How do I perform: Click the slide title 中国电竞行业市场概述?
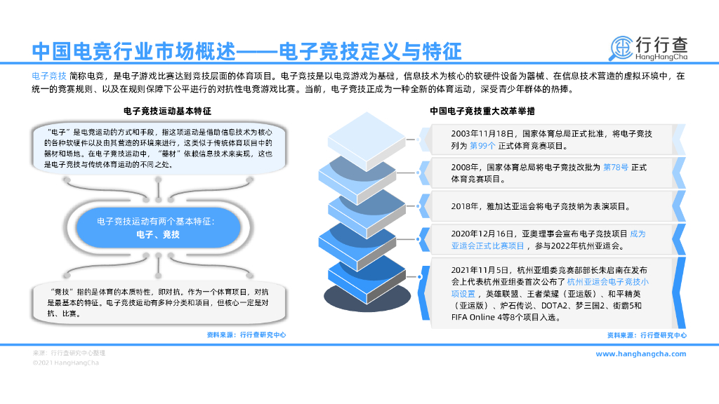(x=133, y=51)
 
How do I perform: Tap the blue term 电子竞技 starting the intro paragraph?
(x=49, y=76)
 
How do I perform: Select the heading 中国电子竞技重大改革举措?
(x=484, y=111)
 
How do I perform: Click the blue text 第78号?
(x=617, y=168)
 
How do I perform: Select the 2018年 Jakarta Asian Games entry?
(x=541, y=207)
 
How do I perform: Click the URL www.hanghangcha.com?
(x=640, y=354)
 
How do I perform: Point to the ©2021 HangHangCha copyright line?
(x=66, y=363)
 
